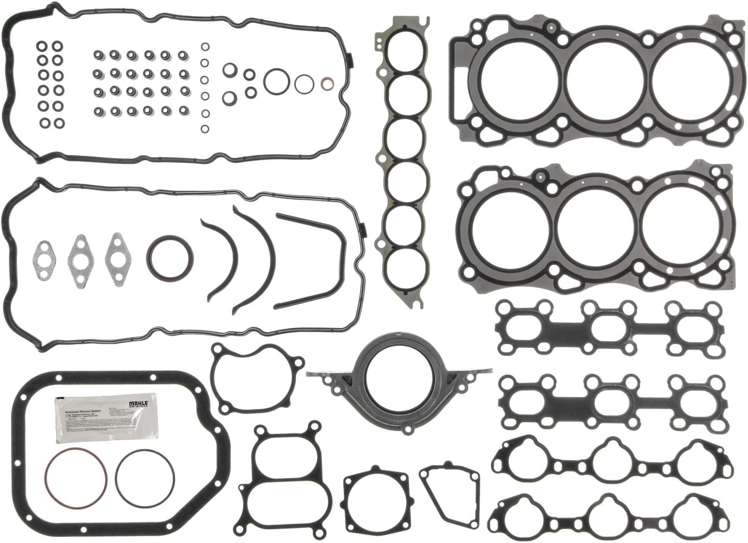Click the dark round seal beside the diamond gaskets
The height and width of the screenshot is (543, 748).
[x=170, y=256]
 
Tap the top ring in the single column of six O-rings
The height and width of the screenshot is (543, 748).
[x=205, y=48]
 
